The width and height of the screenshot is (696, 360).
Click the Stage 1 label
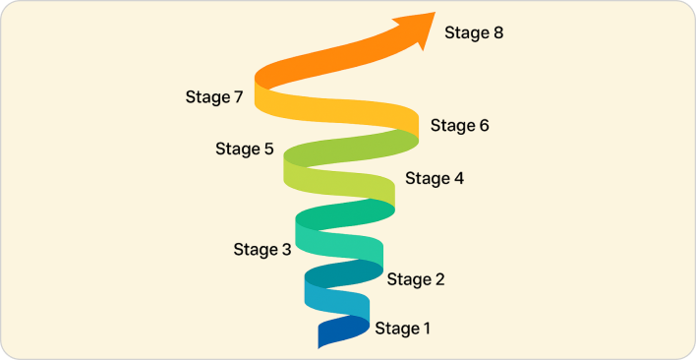coord(402,329)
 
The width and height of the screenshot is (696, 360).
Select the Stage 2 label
coord(416,279)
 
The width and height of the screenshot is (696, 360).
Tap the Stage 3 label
coord(262,250)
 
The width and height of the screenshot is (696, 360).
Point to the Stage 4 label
coord(435,179)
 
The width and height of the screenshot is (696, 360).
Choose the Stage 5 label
coord(245,150)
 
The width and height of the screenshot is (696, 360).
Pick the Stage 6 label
coord(459,126)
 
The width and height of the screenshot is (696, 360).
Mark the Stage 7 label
coord(213,97)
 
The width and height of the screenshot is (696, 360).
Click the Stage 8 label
coord(474,32)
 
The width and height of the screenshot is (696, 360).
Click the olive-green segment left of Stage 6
coord(354,149)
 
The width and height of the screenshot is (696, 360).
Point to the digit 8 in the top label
coord(497,32)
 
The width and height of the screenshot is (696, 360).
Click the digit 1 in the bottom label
coord(426,329)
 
